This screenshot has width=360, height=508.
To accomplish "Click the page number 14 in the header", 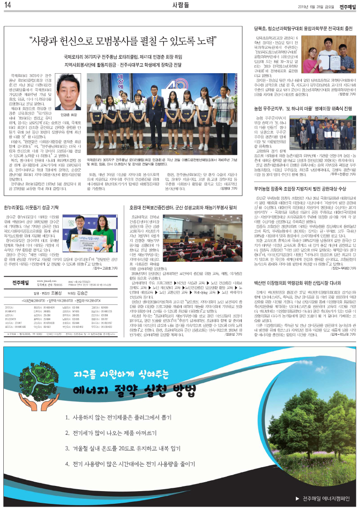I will coord(8,6).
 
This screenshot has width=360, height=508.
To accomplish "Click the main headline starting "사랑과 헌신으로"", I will coord(123,41).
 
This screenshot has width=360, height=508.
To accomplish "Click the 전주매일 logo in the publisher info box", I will coord(23,283).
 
